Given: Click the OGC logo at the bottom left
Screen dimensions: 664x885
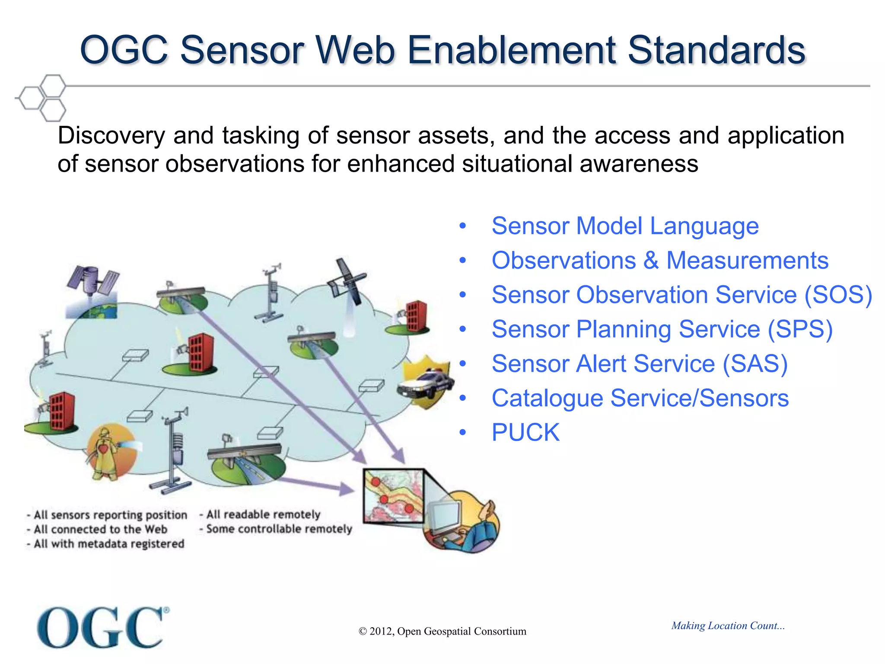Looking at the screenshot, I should [x=102, y=628].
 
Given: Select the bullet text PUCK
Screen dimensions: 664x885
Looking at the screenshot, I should [x=525, y=433].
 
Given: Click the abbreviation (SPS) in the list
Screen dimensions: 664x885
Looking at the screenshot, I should [x=800, y=330].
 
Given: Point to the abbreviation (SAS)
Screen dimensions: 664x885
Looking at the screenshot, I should [x=755, y=364].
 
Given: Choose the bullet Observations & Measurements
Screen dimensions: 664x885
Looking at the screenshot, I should [x=660, y=261].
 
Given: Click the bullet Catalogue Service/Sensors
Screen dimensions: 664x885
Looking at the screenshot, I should [x=640, y=398].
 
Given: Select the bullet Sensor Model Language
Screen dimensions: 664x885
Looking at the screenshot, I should [x=625, y=226].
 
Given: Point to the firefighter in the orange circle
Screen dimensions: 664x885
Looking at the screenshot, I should [x=106, y=452].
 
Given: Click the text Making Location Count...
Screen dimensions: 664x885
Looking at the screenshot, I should [x=728, y=626].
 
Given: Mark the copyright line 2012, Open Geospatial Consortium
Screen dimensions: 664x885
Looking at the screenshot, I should [x=442, y=631].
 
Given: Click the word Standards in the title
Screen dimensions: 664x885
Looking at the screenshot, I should [x=716, y=50].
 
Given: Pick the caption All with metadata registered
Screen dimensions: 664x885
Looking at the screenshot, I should [x=106, y=544].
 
